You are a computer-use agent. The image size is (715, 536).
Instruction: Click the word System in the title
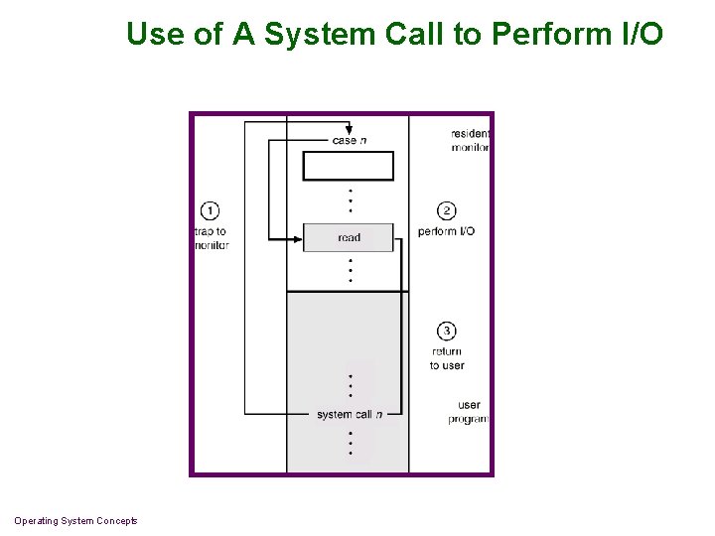click(319, 35)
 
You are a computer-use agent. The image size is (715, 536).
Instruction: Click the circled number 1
click(210, 210)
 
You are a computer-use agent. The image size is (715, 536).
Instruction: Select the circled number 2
click(447, 210)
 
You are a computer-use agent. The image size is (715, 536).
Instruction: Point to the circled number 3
click(447, 331)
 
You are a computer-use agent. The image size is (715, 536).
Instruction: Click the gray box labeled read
click(349, 237)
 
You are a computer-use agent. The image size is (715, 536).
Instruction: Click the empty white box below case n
click(349, 166)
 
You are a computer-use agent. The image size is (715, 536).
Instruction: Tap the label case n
click(349, 141)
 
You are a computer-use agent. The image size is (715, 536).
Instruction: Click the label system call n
click(349, 414)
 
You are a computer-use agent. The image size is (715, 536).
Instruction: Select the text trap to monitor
click(212, 238)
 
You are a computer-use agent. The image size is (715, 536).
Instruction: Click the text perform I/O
click(446, 231)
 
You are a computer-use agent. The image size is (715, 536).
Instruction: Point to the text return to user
click(447, 358)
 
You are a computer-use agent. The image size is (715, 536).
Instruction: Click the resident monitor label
click(470, 140)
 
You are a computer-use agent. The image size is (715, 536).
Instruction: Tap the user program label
click(469, 412)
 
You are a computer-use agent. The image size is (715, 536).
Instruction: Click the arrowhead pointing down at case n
click(349, 130)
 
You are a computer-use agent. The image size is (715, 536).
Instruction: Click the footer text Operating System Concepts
click(75, 521)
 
